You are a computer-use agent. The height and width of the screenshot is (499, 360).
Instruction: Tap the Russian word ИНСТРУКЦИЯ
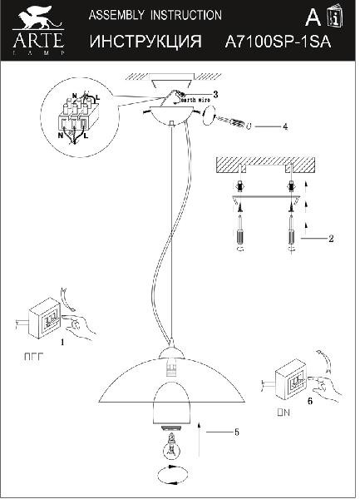click(145, 41)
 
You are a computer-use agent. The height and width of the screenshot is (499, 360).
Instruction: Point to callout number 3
click(215, 94)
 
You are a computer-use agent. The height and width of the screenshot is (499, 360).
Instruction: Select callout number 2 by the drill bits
click(330, 239)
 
